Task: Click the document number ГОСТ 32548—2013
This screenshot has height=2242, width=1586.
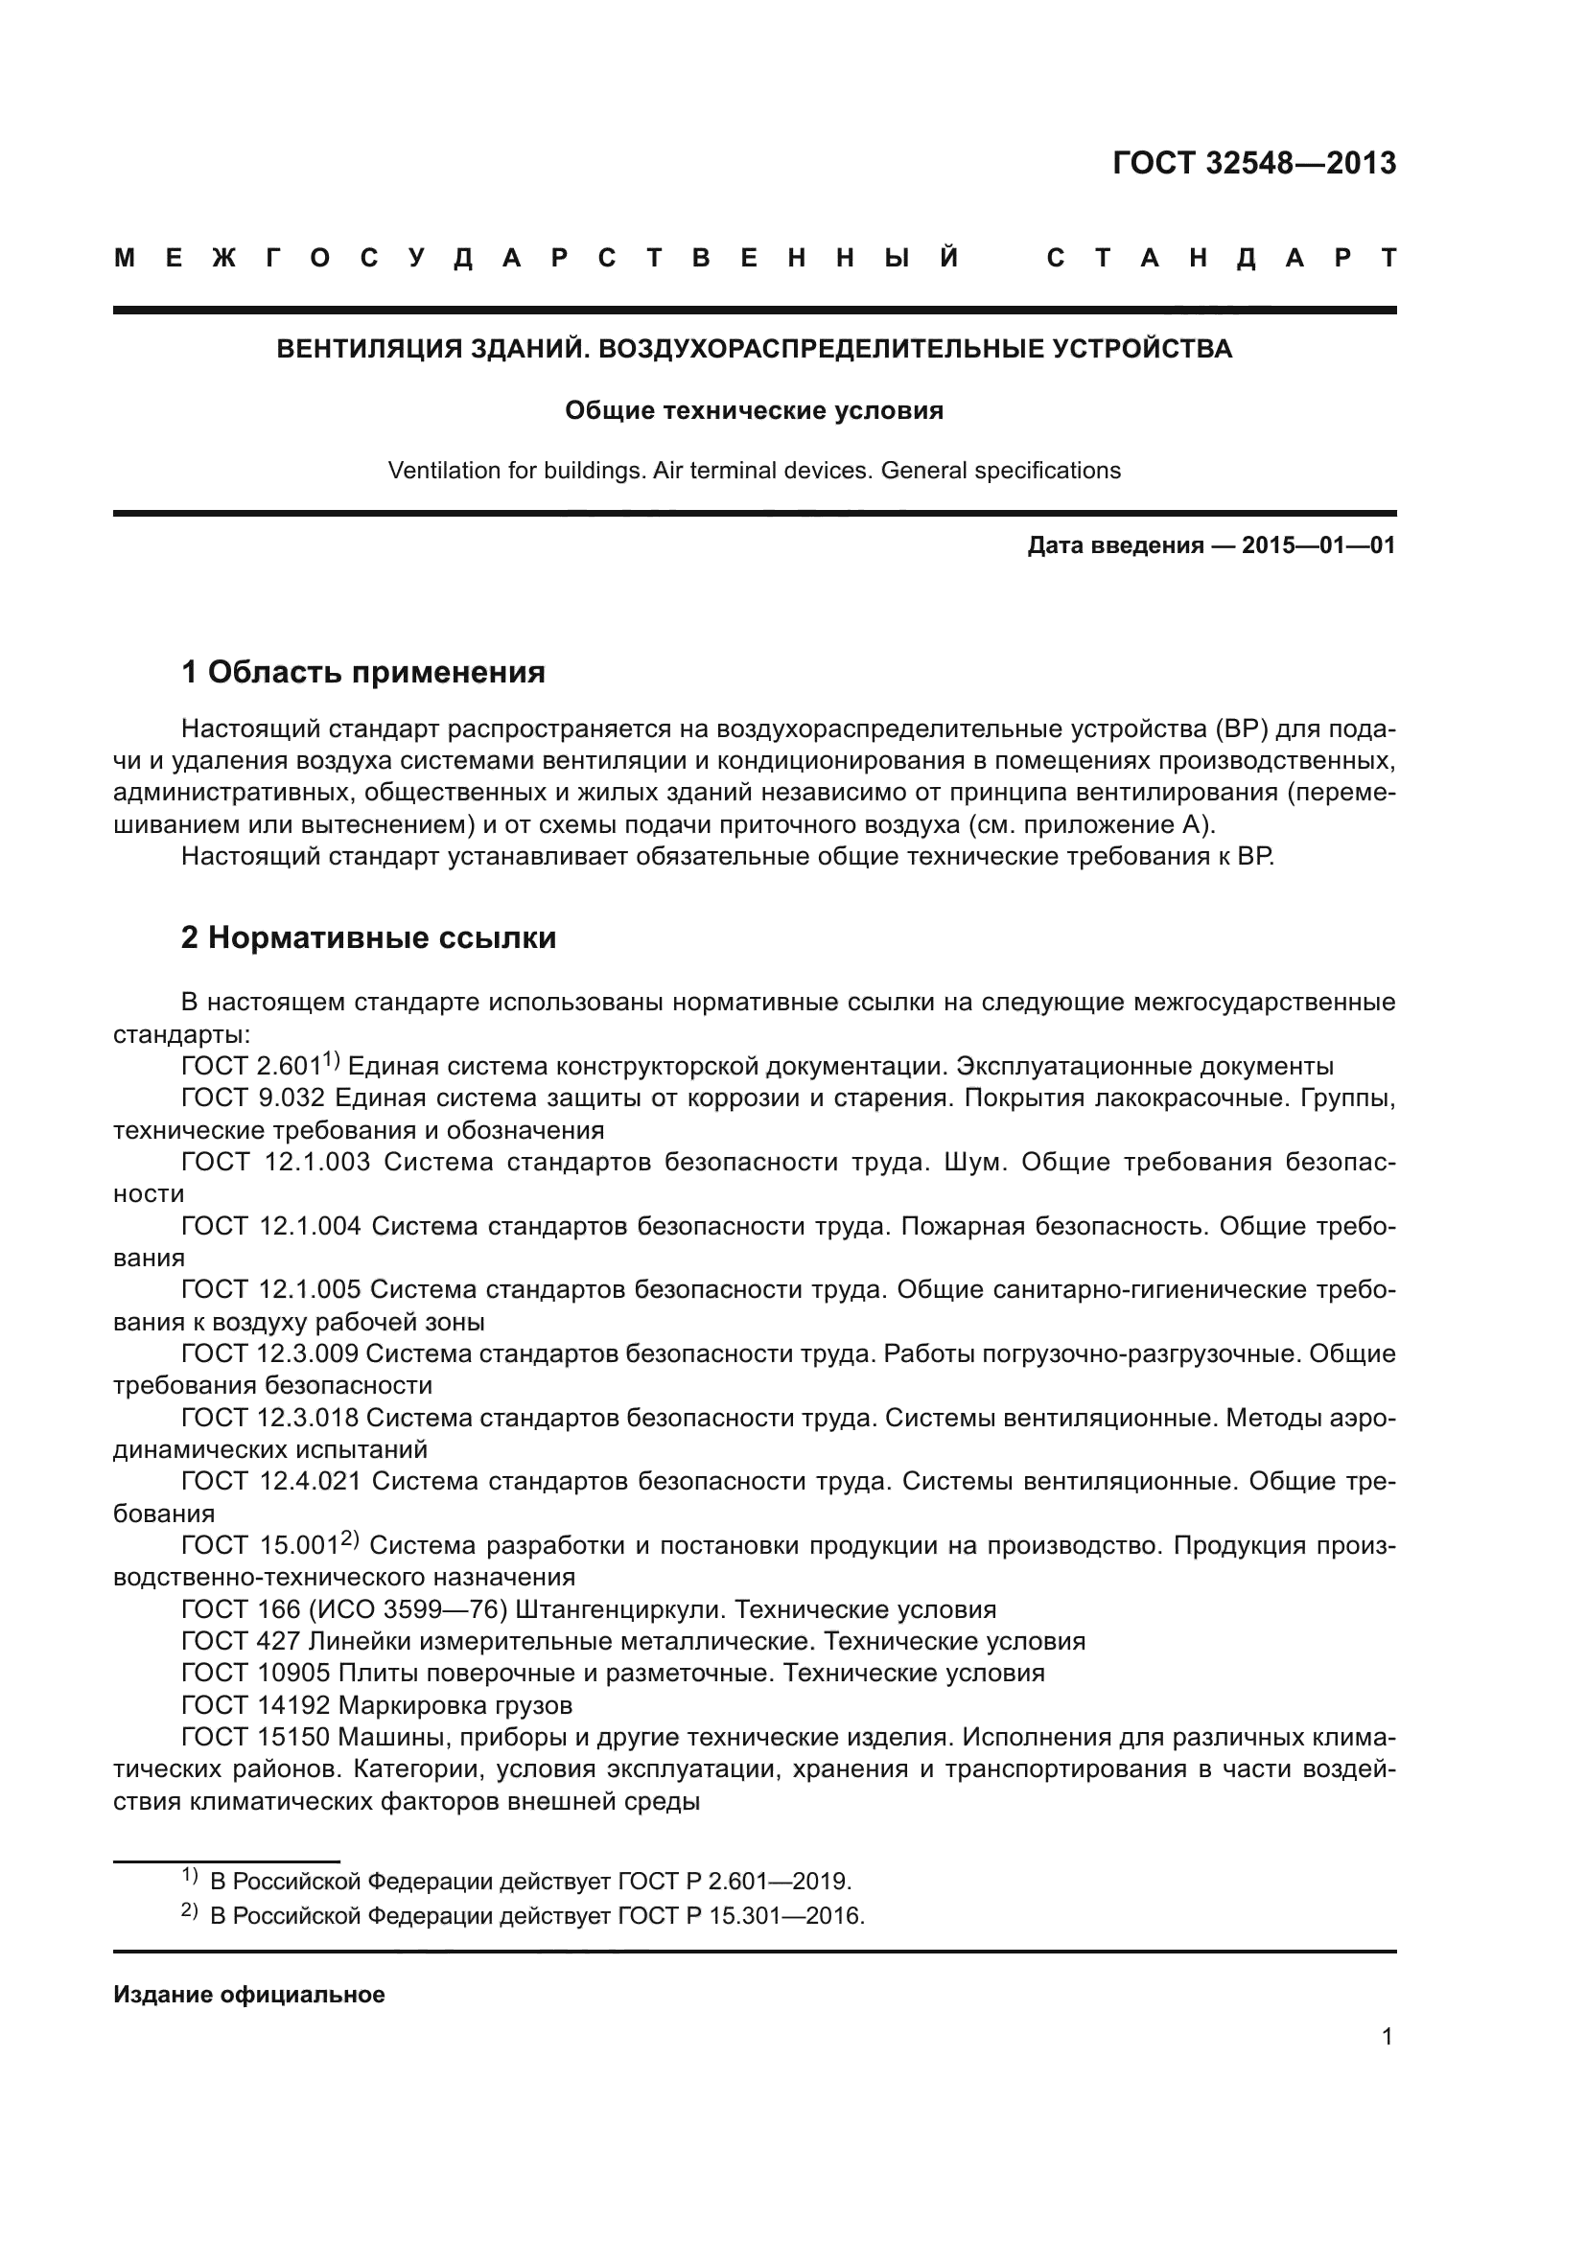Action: pos(1254,163)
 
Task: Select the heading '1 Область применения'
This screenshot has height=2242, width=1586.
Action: pos(363,672)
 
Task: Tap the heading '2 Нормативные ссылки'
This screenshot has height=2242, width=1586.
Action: pos(369,937)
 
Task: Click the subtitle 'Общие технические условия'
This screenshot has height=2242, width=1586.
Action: pos(754,410)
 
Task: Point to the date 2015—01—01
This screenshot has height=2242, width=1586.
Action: pos(1318,544)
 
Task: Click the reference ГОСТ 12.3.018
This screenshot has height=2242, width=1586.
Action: pos(269,1417)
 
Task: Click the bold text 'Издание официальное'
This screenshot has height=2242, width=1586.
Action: pos(249,1994)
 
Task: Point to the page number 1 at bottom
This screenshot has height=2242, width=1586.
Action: pos(1387,2036)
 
